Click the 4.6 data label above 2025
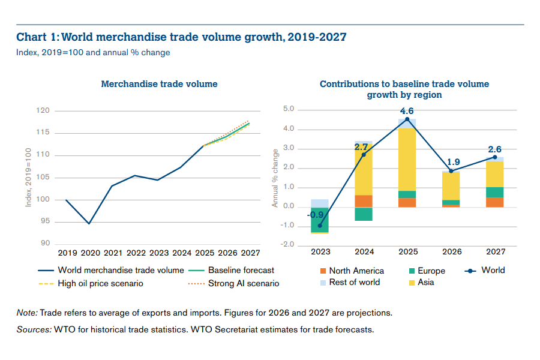pyautogui.click(x=407, y=111)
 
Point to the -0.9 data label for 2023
pyautogui.click(x=316, y=215)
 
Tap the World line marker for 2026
pyautogui.click(x=451, y=171)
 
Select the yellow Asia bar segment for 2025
pyautogui.click(x=407, y=159)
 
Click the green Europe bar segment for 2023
pyautogui.click(x=319, y=220)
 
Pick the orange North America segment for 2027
pyautogui.click(x=495, y=202)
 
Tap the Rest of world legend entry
pyautogui.click(x=355, y=282)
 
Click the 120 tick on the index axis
pyautogui.click(x=43, y=111)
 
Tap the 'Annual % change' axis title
pyautogui.click(x=275, y=178)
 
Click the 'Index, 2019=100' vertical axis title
pyautogui.click(x=28, y=178)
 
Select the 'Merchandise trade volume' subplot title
pyautogui.click(x=159, y=84)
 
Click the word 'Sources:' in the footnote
pyautogui.click(x=34, y=329)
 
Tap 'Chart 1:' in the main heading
pyautogui.click(x=37, y=37)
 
